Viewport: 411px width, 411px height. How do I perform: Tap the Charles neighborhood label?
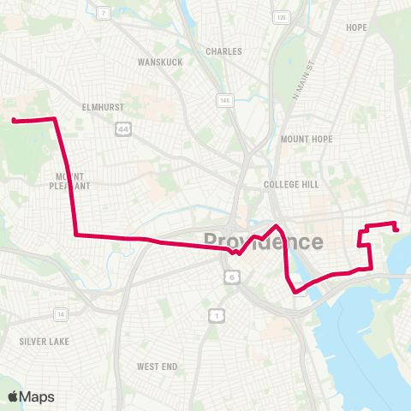click(223, 51)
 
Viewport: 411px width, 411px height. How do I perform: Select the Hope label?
click(356, 27)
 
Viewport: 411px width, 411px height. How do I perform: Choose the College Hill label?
click(290, 184)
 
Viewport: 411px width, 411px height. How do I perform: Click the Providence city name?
click(263, 241)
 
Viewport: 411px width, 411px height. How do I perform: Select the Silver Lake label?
click(43, 341)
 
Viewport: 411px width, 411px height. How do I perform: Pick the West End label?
click(158, 366)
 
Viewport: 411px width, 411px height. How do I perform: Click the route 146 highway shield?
click(225, 101)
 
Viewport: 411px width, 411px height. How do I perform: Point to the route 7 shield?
click(103, 13)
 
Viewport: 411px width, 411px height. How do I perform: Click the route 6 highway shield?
click(231, 277)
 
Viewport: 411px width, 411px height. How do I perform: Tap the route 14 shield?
click(60, 314)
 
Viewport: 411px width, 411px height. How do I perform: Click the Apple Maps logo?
click(31, 396)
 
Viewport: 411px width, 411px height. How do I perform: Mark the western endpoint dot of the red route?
click(15, 121)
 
